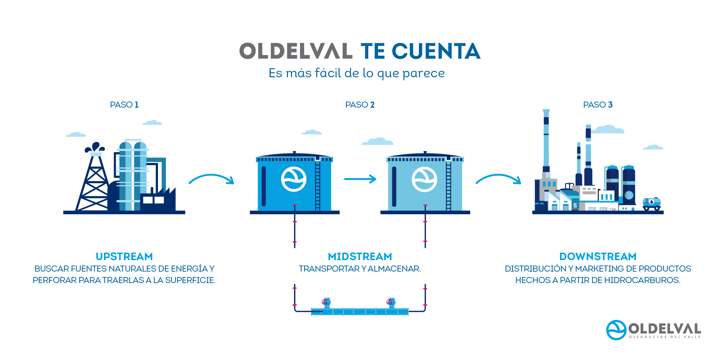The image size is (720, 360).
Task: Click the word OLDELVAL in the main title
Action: pos(296,51)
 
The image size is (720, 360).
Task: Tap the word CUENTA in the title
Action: pos(436,51)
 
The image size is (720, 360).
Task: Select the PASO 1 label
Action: pos(124,105)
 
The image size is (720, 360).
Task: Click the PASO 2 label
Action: pos(360,105)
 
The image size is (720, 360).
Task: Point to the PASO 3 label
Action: pos(597,105)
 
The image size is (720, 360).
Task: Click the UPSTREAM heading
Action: pos(124,256)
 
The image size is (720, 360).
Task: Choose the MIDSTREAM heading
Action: pos(360,256)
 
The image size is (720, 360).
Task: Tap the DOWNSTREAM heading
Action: pos(597,256)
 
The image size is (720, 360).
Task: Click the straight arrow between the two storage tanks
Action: pos(360,179)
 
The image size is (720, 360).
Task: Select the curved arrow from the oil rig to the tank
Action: pos(211,178)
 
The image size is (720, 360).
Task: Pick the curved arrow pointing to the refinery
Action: pos(498,178)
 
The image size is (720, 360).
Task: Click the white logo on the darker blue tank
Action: pos(294,179)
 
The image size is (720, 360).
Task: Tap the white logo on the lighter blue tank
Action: pos(424,179)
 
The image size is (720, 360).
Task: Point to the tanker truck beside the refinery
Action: pos(651,203)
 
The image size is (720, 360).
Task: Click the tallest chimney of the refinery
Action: pos(546,142)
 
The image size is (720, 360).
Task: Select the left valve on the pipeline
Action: pos(326,302)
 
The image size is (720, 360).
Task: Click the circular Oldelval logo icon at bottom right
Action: pos(616,330)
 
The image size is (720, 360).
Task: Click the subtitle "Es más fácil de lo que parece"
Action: pos(356,73)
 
